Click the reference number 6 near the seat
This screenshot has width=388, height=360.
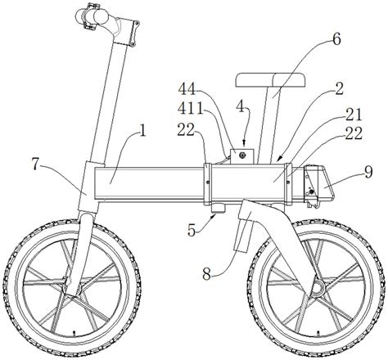[x=336, y=39]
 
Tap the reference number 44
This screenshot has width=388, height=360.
[x=187, y=89]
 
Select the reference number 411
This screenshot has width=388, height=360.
[x=191, y=109]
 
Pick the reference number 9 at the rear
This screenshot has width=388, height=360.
[x=368, y=173]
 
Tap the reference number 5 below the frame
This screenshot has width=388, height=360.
[x=192, y=231]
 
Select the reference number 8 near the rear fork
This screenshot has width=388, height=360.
[x=207, y=274]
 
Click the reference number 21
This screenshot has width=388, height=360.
[x=354, y=115]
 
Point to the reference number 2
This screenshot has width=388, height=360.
[x=339, y=88]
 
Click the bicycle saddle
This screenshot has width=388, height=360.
[x=270, y=80]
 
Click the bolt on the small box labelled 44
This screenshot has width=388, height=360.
[x=241, y=155]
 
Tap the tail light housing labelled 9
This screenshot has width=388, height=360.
[x=319, y=185]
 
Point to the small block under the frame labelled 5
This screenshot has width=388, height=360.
[x=219, y=209]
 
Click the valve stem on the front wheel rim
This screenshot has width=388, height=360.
[x=74, y=332]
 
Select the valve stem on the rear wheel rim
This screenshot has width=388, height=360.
[x=318, y=333]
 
